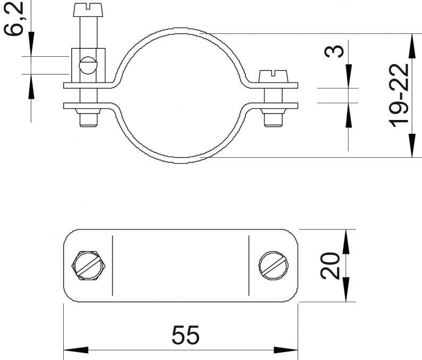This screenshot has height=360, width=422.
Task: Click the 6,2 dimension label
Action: (x=13, y=18)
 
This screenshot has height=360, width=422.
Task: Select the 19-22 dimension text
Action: (x=399, y=96)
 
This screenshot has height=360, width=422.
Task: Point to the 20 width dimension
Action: (x=330, y=265)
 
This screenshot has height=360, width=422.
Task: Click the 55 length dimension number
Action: (x=185, y=335)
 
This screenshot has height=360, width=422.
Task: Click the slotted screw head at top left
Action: (x=88, y=10)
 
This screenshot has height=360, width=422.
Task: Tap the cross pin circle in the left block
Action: (x=88, y=65)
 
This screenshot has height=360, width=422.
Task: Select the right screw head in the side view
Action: (x=273, y=76)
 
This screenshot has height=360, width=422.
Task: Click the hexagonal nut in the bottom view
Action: (x=88, y=265)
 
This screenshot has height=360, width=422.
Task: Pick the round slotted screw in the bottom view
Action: (x=273, y=265)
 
